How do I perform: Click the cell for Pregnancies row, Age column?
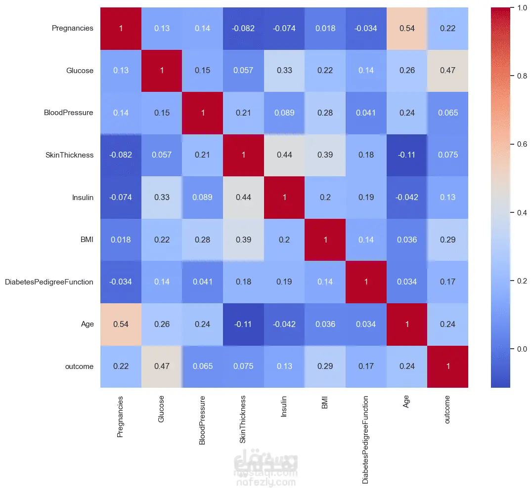pos(407,29)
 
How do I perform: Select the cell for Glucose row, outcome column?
pos(447,71)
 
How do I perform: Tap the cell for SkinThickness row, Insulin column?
pos(284,155)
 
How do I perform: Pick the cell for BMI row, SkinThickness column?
pos(243,240)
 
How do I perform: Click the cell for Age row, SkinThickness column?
pos(243,325)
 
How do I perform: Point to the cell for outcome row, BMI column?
pos(325,366)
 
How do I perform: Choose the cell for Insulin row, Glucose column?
pos(162,198)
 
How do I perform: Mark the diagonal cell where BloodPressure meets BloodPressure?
pos(203,113)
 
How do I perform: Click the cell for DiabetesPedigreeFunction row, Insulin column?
pos(284,282)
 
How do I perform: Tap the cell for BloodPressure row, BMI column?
pos(325,113)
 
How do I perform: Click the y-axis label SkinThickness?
pos(70,155)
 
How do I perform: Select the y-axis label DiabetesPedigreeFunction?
pos(49,282)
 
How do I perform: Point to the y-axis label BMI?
pos(87,240)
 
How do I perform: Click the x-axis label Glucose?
pos(161,409)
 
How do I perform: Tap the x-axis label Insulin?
pos(284,407)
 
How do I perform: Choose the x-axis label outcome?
pos(447,409)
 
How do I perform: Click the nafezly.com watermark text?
pos(266,482)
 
